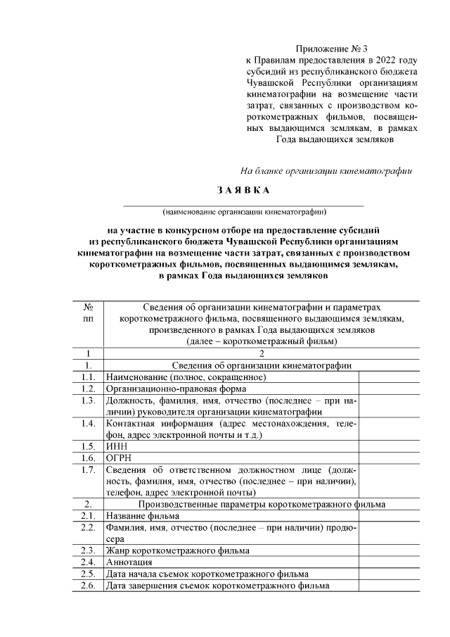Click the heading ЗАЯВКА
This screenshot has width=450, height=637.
[x=242, y=191]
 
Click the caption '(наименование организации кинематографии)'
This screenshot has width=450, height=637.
[x=244, y=210]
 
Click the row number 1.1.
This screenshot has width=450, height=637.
[x=89, y=377]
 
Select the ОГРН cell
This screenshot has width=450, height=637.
[x=119, y=458]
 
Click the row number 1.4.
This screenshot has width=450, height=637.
[x=89, y=423]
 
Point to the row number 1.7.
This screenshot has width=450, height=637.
[x=89, y=469]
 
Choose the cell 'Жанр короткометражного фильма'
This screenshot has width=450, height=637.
[x=177, y=550]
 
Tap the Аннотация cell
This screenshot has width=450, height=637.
[x=129, y=562]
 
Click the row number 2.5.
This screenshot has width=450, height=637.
[x=89, y=574]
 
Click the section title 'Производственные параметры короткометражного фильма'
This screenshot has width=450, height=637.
[x=262, y=504]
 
